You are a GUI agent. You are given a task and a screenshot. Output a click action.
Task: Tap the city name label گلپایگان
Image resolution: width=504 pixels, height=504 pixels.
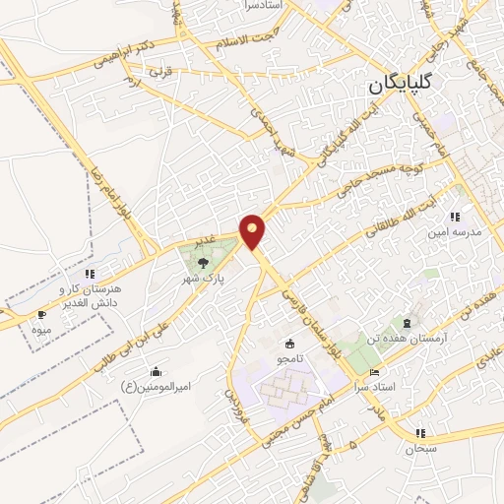tap(414, 85)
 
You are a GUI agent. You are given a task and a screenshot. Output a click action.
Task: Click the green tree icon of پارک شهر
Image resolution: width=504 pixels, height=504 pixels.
tap(203, 262)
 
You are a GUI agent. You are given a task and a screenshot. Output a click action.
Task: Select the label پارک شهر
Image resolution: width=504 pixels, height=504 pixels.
tap(209, 279)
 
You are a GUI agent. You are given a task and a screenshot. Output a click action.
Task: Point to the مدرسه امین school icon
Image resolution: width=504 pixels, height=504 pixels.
tap(453, 217)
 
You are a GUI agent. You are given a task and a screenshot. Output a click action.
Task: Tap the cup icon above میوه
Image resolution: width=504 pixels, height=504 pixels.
tap(40, 314)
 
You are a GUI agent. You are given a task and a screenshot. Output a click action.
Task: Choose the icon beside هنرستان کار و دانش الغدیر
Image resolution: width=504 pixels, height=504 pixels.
tap(90, 274)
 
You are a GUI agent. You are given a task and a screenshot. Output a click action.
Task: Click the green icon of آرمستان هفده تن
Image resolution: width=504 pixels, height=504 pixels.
tap(405, 322)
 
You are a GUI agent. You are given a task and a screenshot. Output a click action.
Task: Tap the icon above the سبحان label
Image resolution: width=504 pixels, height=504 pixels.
tap(420, 432)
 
